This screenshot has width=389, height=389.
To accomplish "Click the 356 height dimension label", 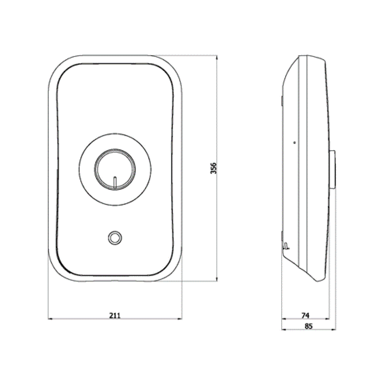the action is coord(213,168).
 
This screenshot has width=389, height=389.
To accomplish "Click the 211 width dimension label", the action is coord(115,315).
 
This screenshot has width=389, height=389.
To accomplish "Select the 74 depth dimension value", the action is coord(305,315).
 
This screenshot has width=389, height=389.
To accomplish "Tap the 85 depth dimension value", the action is coord(308,326).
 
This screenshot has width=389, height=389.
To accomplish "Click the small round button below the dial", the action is coord(115,238).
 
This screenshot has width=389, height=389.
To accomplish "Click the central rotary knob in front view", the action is coord(115,170).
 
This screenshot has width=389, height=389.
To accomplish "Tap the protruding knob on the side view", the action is coord(333,170).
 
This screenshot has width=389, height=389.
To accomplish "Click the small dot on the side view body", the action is coord(294,142).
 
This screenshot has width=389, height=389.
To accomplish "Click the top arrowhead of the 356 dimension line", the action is coord(217,57).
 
